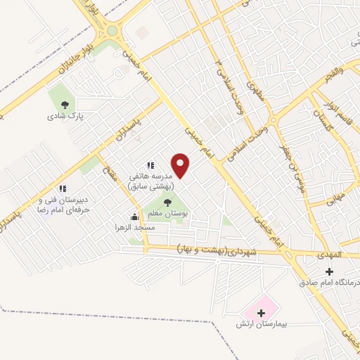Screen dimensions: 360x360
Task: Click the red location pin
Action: click(x=181, y=165)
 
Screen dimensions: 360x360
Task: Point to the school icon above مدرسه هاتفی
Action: click(x=150, y=165)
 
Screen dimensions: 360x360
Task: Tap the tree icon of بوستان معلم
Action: click(x=167, y=203)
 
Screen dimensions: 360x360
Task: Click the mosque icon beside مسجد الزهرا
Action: click(x=134, y=217)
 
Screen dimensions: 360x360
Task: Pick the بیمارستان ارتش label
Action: click(x=268, y=326)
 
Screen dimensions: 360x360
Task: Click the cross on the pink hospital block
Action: click(x=261, y=312)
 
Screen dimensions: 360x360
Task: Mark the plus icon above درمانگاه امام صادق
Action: click(x=328, y=271)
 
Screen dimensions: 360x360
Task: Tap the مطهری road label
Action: click(x=255, y=91)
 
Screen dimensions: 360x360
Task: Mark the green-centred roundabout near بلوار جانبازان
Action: click(x=112, y=31)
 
